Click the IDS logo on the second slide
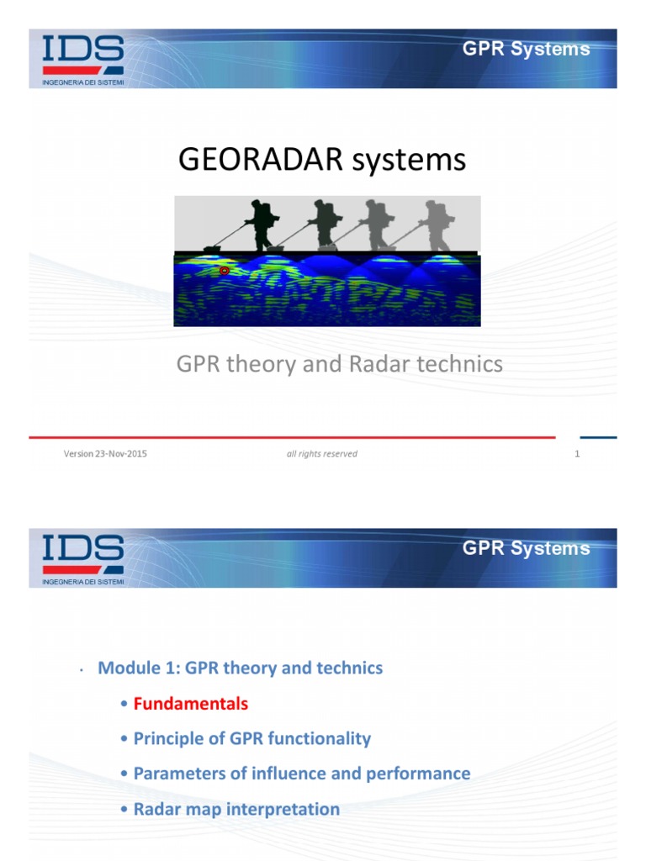(83, 553)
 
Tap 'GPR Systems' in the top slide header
(526, 49)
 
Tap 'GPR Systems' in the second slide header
(526, 548)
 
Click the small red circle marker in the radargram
(224, 271)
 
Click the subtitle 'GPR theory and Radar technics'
(339, 363)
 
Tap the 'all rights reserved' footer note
(321, 454)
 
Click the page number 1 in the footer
(578, 454)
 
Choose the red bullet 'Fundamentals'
(191, 703)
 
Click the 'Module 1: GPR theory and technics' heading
(240, 668)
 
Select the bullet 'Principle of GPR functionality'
(252, 738)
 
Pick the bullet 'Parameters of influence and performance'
(301, 774)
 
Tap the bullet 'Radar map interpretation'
(236, 809)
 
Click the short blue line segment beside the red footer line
(598, 437)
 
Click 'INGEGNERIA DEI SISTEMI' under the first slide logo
(83, 81)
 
